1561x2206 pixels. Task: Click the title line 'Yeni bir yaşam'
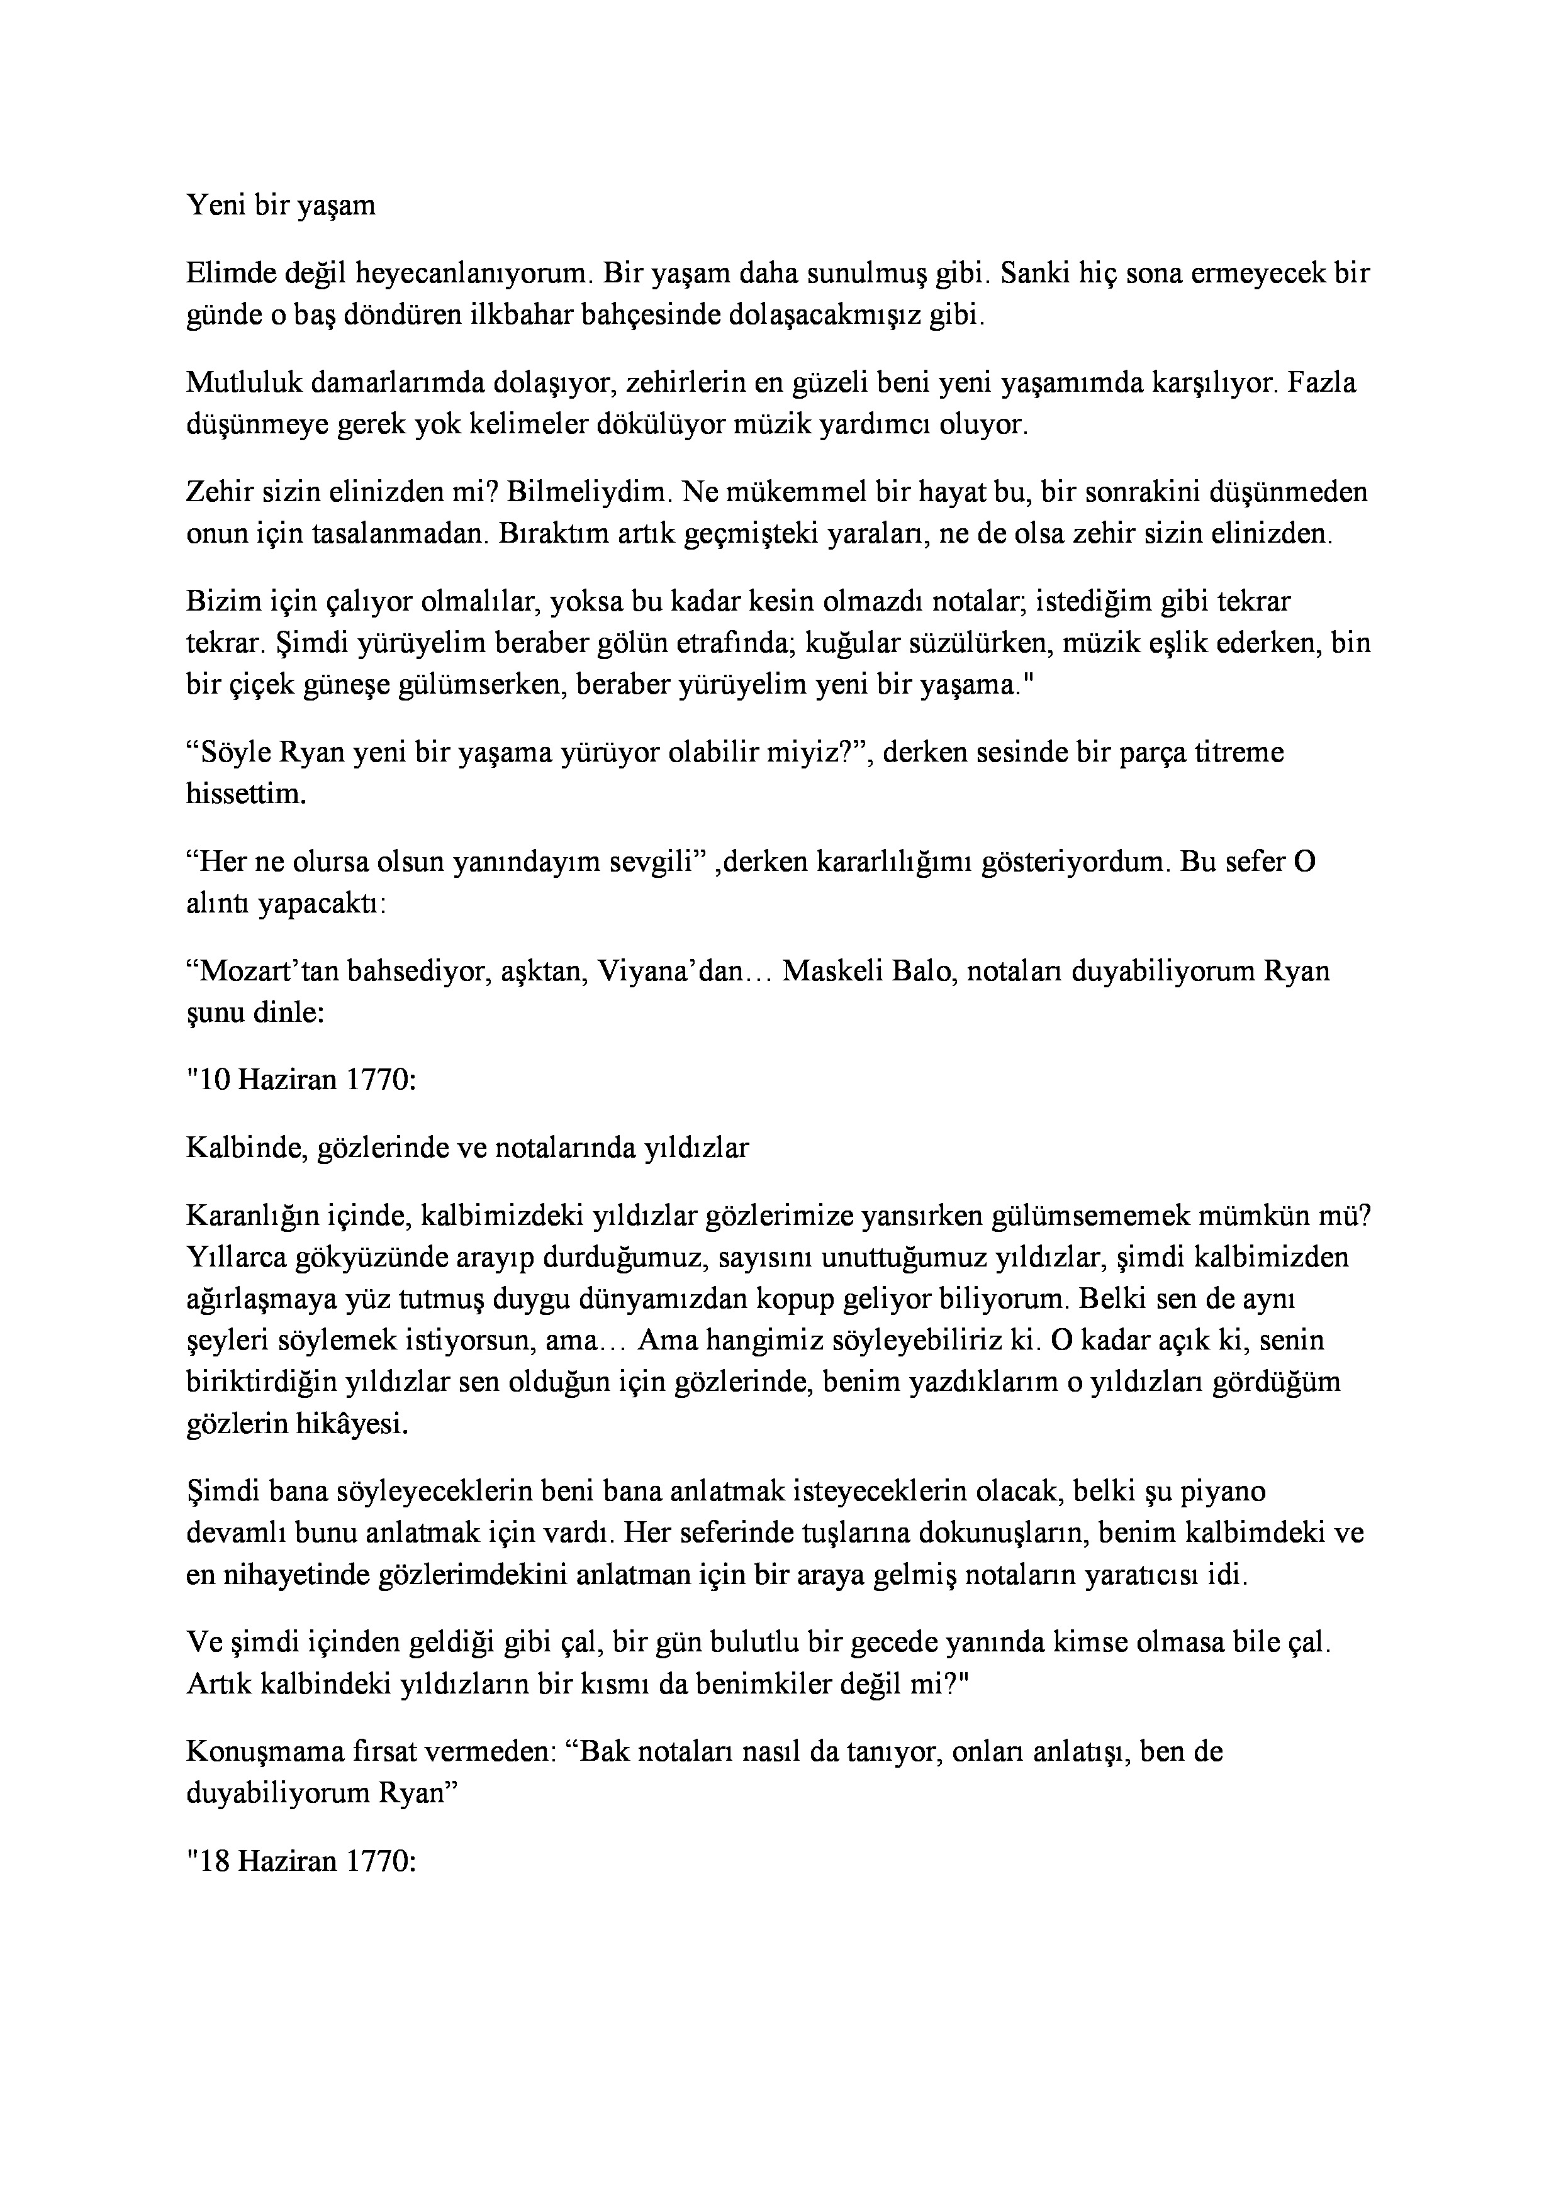point(281,206)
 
